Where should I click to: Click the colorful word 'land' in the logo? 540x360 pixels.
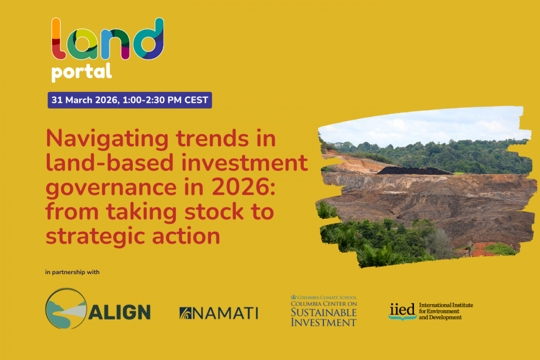click(x=108, y=39)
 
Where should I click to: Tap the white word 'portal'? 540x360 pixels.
click(x=81, y=72)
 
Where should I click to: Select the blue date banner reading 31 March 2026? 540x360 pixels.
click(x=130, y=100)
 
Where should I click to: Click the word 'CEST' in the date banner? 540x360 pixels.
click(x=196, y=100)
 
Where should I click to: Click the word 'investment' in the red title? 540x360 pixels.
click(x=245, y=163)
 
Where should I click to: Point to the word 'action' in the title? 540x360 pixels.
click(x=186, y=236)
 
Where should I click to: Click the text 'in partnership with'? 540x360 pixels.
click(x=72, y=272)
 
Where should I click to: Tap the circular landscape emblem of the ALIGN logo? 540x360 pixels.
click(x=66, y=308)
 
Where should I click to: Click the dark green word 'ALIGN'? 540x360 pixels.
click(x=120, y=312)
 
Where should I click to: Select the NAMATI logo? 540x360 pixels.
click(x=219, y=313)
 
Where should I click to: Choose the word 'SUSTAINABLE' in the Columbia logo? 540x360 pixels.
click(x=324, y=313)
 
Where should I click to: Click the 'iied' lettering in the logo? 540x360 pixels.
click(x=402, y=310)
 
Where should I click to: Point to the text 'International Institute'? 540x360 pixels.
click(x=446, y=305)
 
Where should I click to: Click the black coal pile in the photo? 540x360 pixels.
click(x=413, y=171)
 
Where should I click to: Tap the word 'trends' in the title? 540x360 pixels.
click(x=212, y=139)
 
